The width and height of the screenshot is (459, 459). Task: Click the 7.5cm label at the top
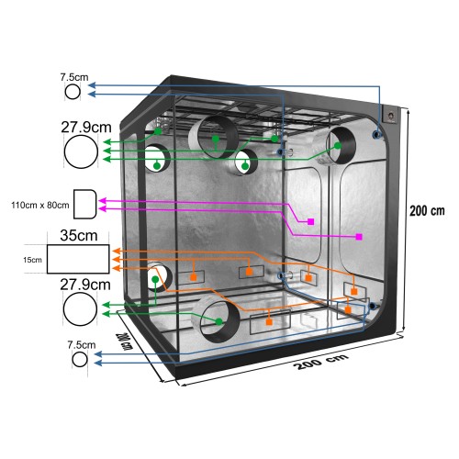(74, 77)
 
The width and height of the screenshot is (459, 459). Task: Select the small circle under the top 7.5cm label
(73, 92)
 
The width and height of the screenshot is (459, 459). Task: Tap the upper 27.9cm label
(86, 128)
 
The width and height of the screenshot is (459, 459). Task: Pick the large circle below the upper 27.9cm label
(81, 151)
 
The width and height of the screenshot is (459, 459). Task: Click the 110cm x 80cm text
(40, 205)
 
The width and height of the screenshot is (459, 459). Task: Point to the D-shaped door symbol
(85, 204)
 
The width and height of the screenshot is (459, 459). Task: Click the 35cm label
(79, 235)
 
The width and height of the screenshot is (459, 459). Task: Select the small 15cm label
(32, 260)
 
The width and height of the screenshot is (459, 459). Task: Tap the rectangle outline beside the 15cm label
(78, 259)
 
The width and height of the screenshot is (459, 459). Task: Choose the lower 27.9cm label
(85, 285)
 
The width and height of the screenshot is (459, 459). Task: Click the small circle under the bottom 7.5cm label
(80, 359)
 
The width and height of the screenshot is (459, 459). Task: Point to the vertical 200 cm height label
(427, 211)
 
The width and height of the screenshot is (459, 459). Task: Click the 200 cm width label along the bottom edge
(320, 362)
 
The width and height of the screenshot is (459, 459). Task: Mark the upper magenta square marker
(310, 221)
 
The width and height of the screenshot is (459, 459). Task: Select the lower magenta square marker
(359, 237)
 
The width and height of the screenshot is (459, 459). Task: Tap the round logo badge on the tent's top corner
(391, 116)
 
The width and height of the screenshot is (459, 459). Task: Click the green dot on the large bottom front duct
(218, 321)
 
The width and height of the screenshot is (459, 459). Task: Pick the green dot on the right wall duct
(338, 146)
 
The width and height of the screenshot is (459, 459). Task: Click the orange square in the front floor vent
(269, 322)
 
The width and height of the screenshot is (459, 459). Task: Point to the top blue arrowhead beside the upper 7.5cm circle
(93, 85)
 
